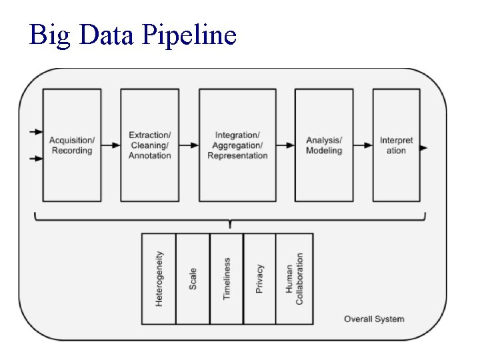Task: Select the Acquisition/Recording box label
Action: (x=72, y=145)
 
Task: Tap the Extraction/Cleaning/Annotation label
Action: (x=150, y=145)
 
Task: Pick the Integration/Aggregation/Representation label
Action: (x=237, y=145)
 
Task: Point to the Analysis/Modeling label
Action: (x=324, y=145)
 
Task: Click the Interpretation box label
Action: (x=397, y=145)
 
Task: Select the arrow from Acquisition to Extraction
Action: (x=111, y=145)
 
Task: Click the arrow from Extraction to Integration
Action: (x=189, y=145)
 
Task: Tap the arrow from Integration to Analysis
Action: (x=285, y=145)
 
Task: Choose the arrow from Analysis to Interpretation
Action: (x=363, y=145)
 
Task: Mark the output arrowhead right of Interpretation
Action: (x=425, y=147)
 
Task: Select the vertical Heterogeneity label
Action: (x=159, y=279)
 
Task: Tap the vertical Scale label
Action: (x=193, y=279)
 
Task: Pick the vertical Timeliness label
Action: (x=227, y=279)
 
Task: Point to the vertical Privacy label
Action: (x=259, y=279)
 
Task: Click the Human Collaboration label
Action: (x=295, y=279)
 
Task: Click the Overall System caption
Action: (x=374, y=319)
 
